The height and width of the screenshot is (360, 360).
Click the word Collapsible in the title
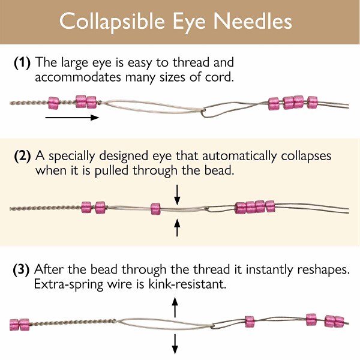(112, 22)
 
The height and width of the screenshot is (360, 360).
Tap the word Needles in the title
(253, 21)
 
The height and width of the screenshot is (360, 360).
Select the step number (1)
(22, 62)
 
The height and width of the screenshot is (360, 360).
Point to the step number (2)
(22, 156)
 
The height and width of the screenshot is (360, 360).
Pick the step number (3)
(21, 270)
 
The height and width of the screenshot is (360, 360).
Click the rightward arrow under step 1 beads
(72, 118)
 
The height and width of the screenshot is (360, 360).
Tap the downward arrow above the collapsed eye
(177, 195)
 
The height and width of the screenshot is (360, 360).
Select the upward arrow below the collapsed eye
(177, 227)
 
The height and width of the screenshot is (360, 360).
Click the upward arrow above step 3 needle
(175, 307)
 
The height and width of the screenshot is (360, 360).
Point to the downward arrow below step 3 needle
(175, 344)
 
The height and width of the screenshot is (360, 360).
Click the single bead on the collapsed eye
(155, 209)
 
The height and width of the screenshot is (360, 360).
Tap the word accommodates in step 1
(78, 77)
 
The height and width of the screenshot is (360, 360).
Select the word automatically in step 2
(239, 157)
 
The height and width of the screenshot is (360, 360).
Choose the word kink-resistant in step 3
(187, 284)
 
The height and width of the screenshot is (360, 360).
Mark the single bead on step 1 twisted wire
(53, 103)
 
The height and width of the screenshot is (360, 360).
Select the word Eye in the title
(189, 22)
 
